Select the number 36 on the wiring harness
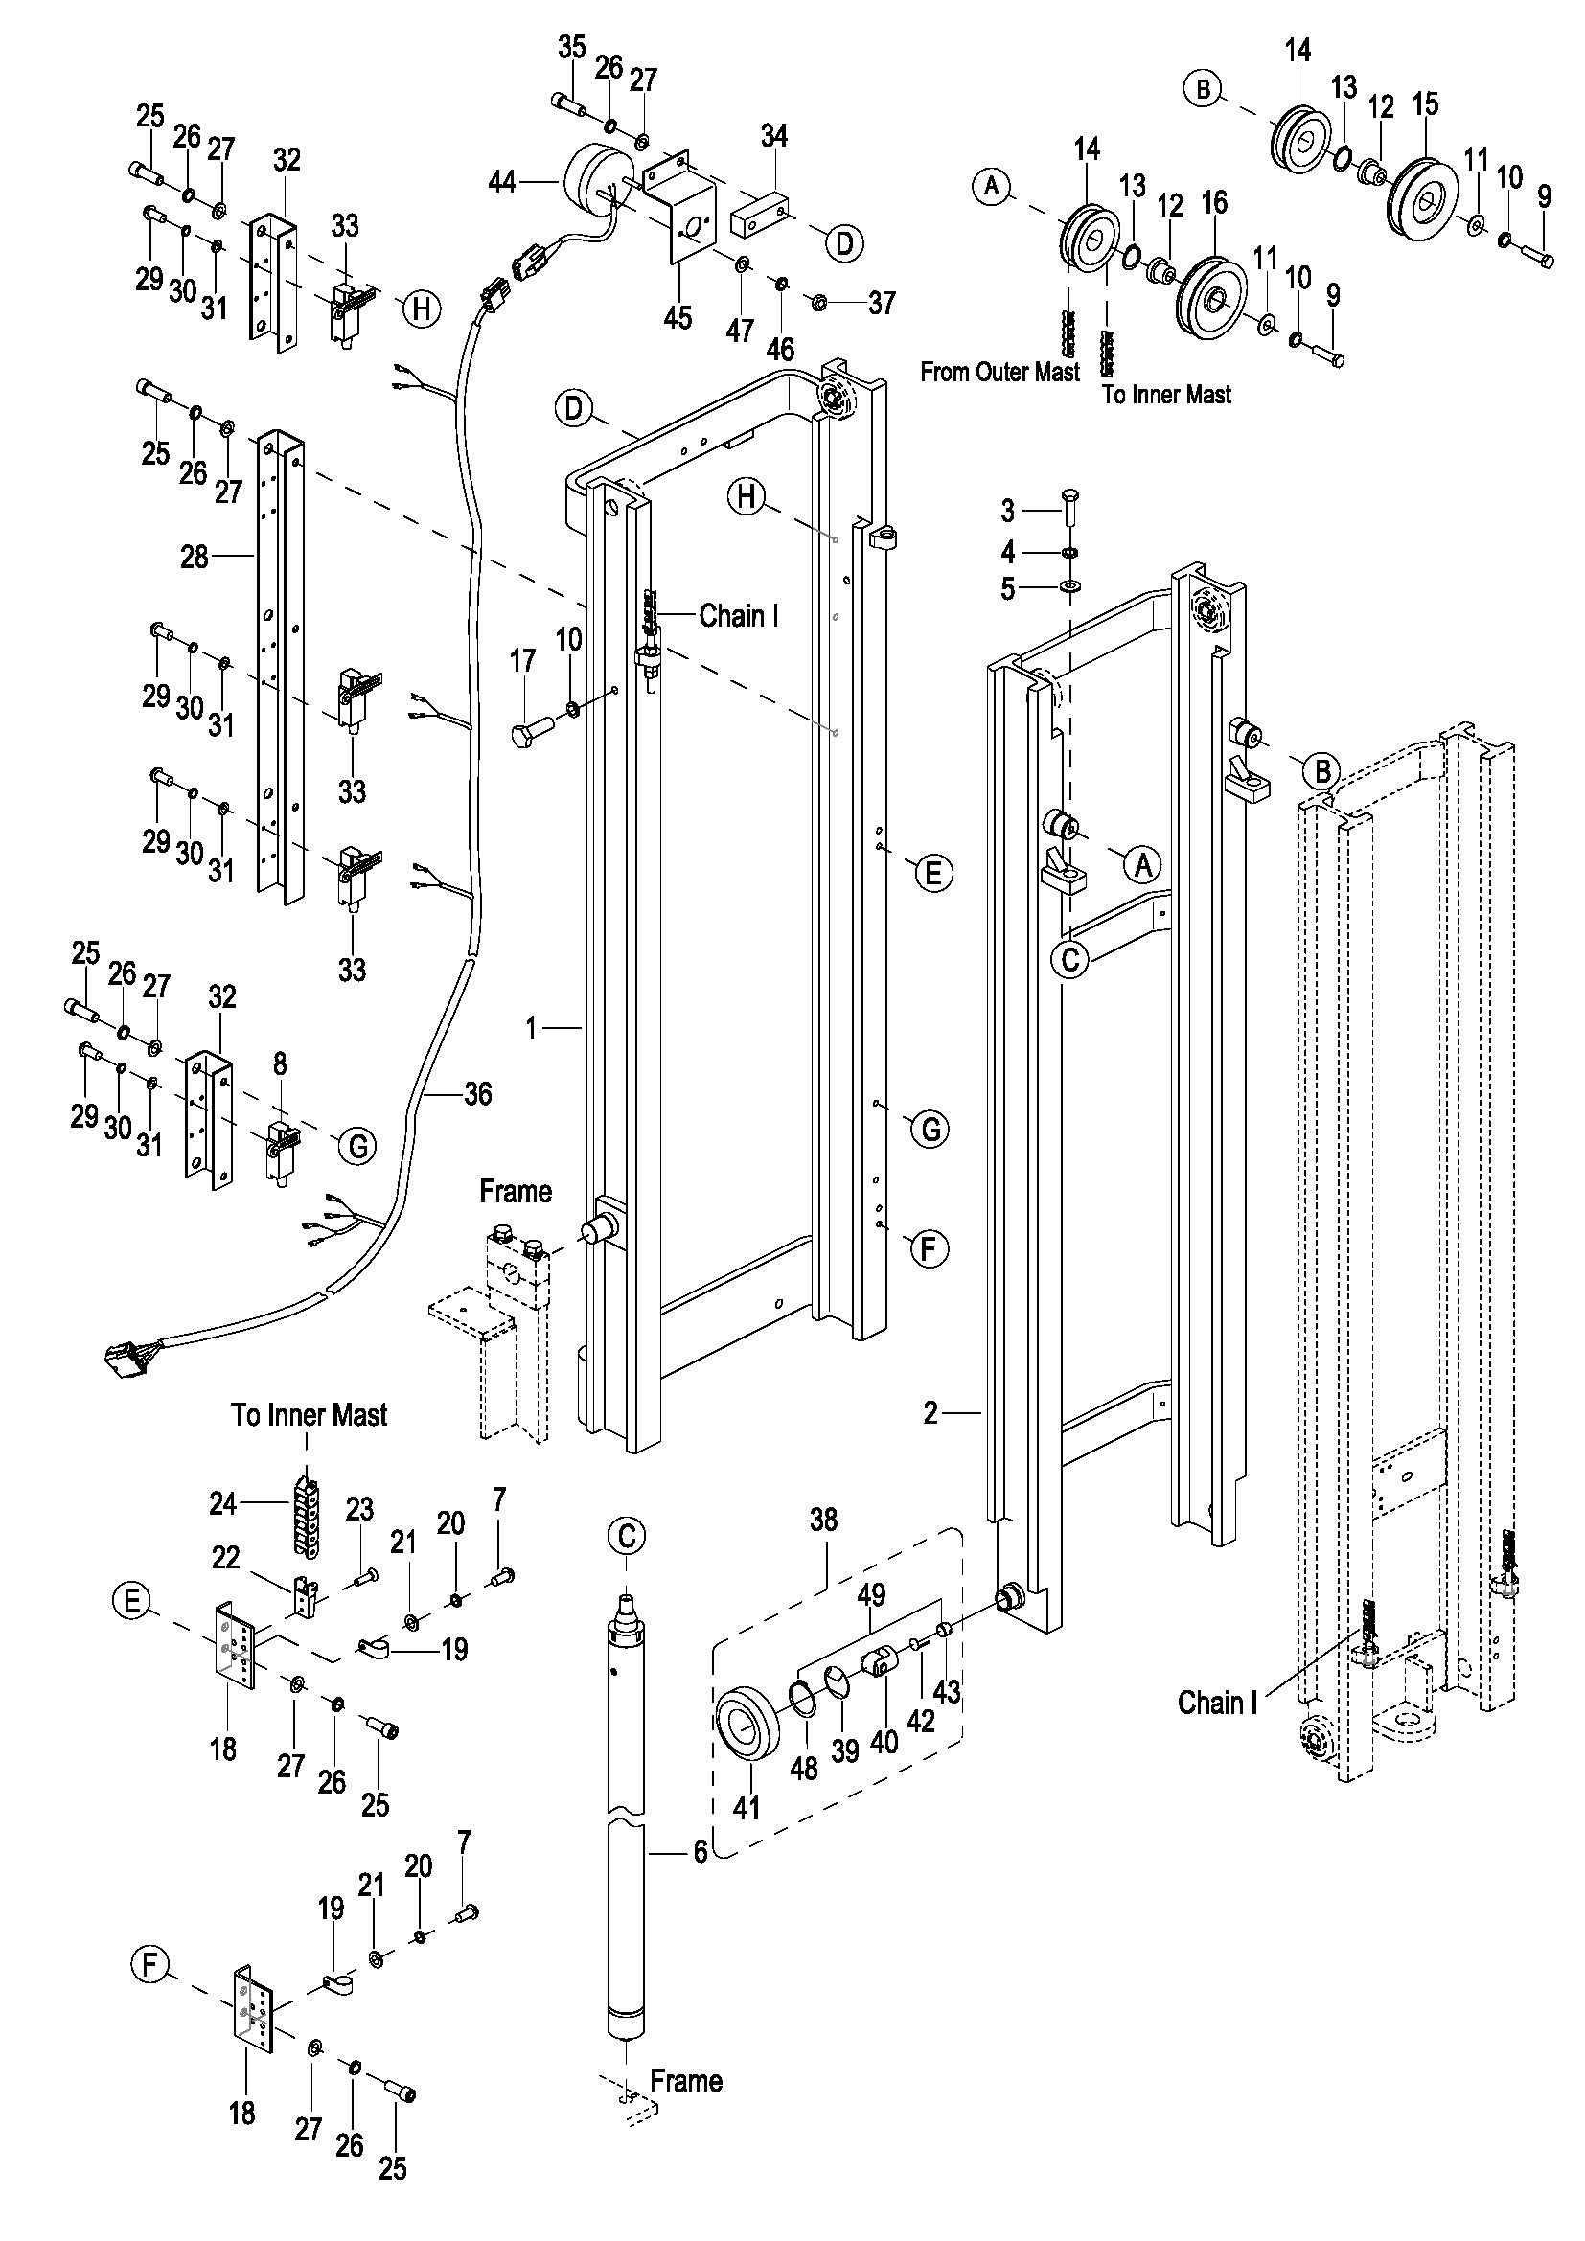477,1093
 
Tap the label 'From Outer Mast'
999,372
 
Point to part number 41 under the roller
747,1808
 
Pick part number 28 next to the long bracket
195,557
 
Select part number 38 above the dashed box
824,1519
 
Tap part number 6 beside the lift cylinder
700,1851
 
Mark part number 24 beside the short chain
222,1503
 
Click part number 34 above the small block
774,136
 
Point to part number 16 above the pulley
1214,203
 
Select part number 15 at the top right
1425,104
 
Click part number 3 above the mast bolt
1008,510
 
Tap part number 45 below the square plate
678,317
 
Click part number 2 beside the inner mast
930,1412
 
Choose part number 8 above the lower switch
280,1063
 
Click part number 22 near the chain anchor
225,1557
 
